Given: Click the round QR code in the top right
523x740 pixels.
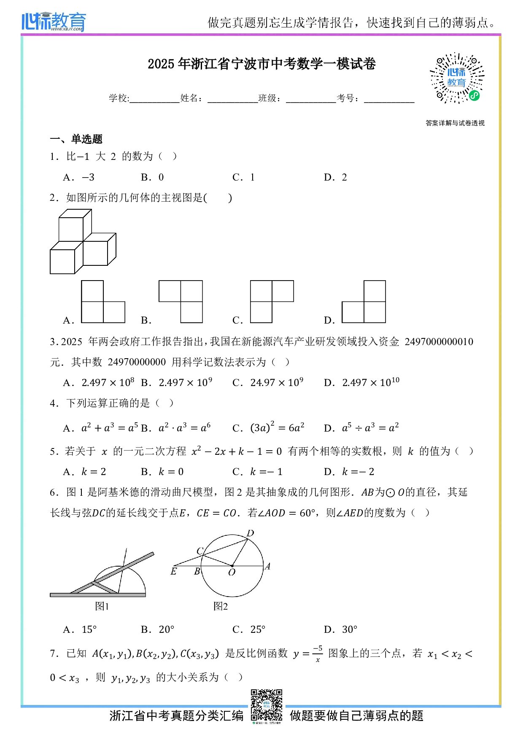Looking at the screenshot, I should (x=457, y=78).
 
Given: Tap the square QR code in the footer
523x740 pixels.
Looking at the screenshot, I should (x=266, y=705).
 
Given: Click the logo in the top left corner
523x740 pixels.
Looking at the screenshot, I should (x=54, y=22).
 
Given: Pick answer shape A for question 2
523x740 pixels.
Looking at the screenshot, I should (x=103, y=302).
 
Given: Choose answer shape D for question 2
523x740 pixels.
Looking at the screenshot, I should (x=364, y=302).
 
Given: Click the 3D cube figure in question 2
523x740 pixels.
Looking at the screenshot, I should (x=83, y=242).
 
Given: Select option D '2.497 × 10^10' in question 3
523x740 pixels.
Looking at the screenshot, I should (x=370, y=382).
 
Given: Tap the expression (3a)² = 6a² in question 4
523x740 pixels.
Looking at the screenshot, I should (x=277, y=428).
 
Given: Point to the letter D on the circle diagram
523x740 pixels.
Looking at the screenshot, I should (x=250, y=533).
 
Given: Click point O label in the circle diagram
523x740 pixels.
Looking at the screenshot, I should (x=232, y=573).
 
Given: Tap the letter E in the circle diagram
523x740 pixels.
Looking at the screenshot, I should (x=174, y=572).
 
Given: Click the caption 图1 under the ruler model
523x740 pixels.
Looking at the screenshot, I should (x=102, y=606).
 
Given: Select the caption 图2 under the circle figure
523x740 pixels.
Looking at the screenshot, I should (x=220, y=606).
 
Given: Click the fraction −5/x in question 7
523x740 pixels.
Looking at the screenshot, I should (x=318, y=654).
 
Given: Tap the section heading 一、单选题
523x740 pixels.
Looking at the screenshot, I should (x=76, y=139).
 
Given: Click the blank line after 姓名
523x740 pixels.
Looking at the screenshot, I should (x=232, y=100).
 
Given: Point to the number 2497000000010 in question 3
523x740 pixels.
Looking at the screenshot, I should (x=439, y=342).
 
